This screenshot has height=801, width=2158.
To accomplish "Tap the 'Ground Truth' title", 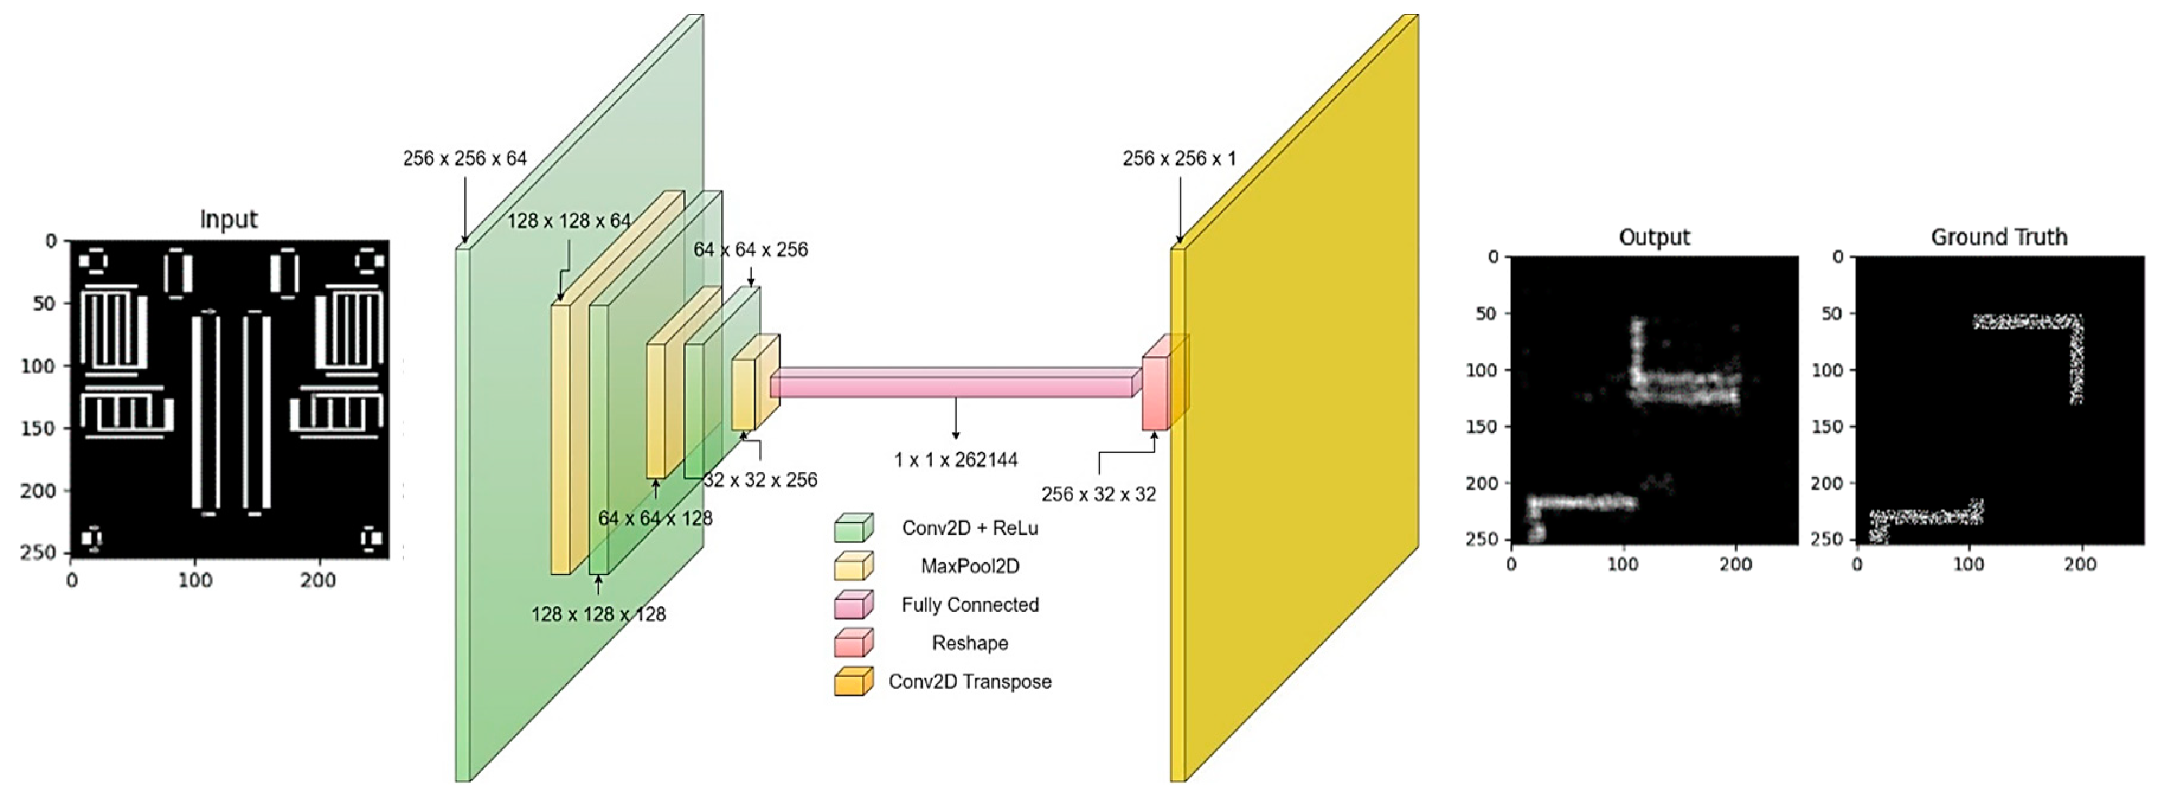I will click(x=1999, y=237).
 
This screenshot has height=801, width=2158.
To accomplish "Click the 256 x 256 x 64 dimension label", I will click(x=465, y=158).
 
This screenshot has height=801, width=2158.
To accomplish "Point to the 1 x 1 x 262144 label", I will click(x=956, y=460).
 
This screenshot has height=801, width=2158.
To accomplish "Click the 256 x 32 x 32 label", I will click(x=1099, y=494).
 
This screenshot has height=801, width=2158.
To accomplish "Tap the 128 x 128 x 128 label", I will click(x=598, y=614).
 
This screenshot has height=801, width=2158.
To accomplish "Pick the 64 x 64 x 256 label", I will click(x=750, y=250).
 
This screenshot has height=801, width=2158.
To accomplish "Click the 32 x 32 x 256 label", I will click(x=760, y=480).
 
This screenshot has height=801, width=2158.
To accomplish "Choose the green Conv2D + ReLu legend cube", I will click(x=853, y=528).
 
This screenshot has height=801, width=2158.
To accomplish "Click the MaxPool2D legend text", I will click(x=970, y=567).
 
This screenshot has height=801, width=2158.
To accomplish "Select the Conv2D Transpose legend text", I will click(x=970, y=682).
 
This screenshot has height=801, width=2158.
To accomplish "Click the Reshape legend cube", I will click(x=853, y=644).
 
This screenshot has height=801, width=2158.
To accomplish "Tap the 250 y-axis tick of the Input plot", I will click(x=38, y=553).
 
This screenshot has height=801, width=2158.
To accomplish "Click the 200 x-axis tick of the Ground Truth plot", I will click(x=2080, y=565).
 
